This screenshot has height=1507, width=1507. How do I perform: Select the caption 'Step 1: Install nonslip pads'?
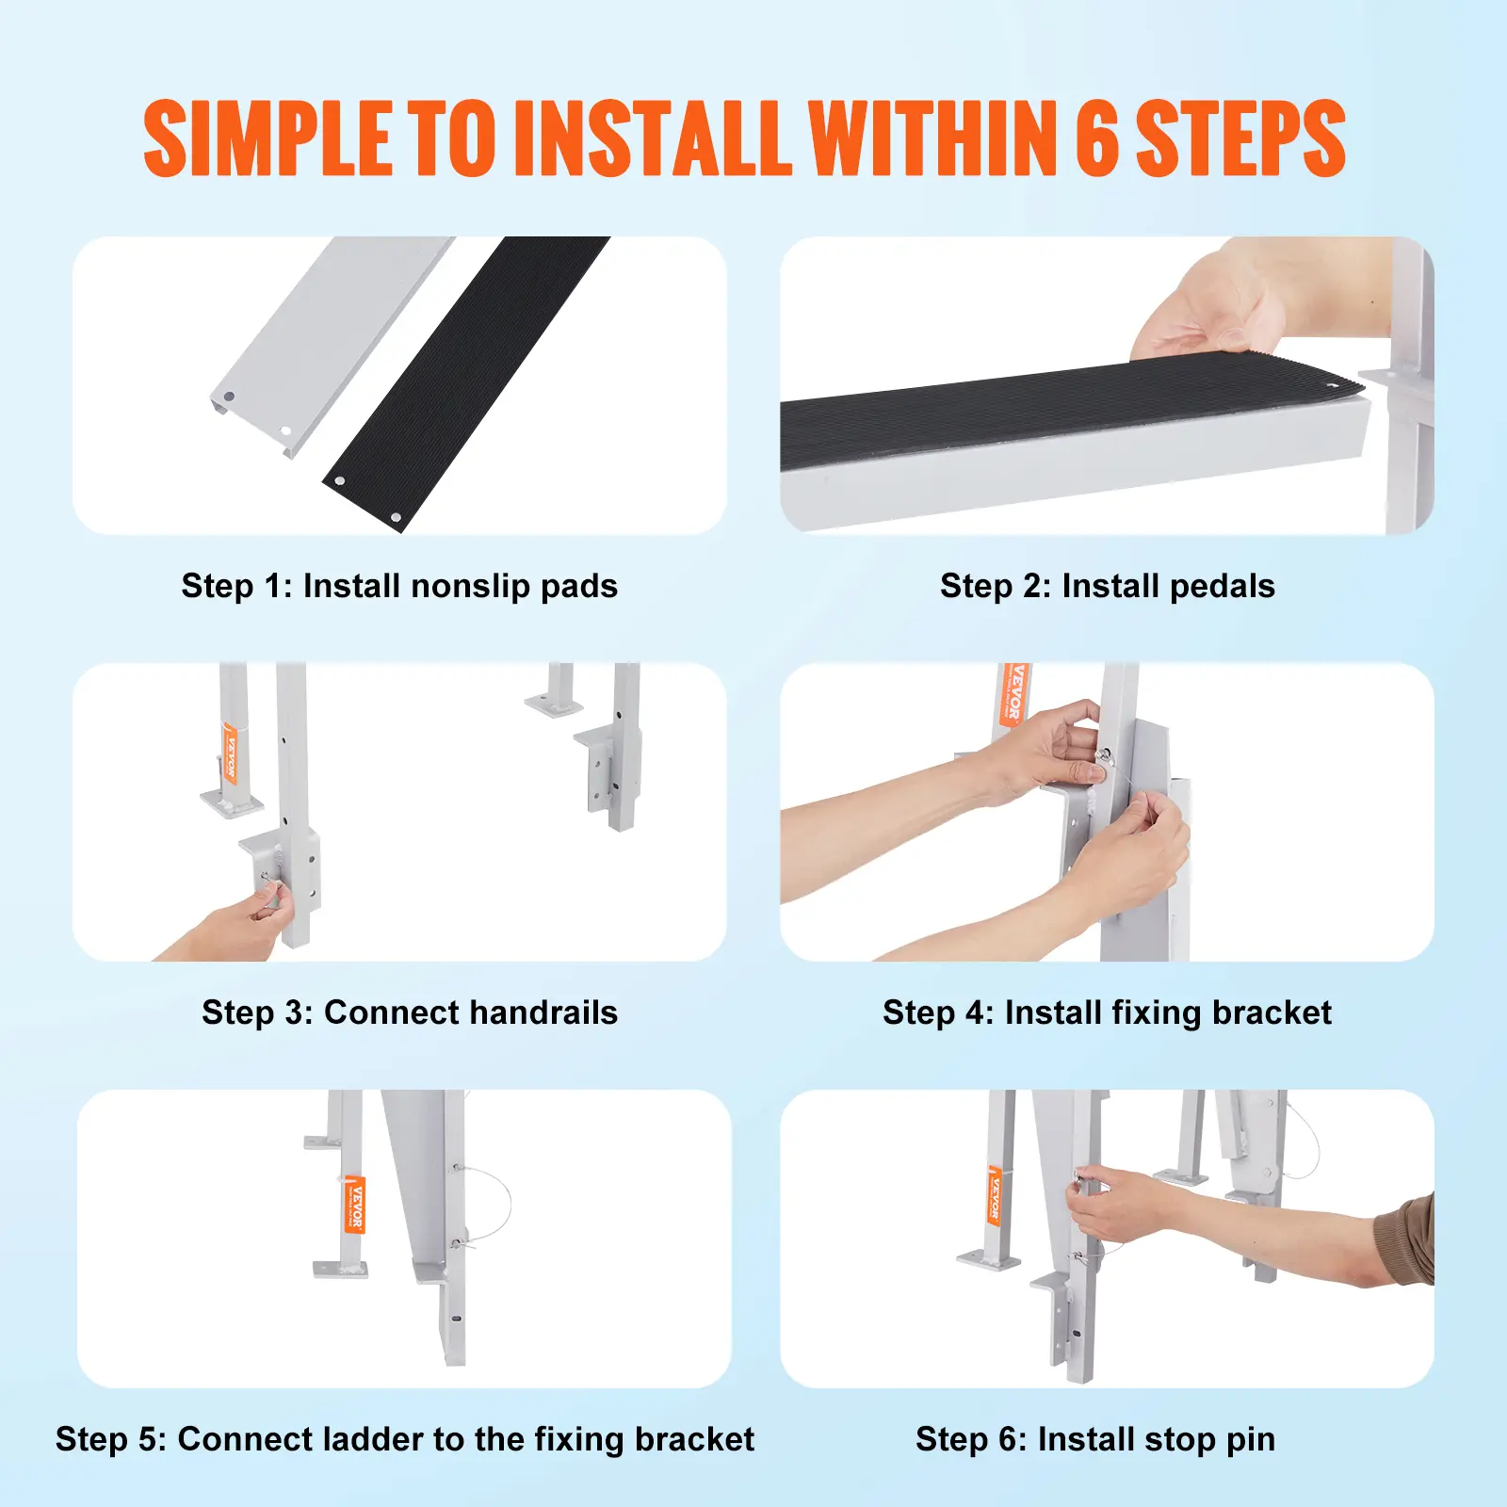point(399,586)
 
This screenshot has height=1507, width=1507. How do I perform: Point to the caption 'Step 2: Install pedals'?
point(1108,586)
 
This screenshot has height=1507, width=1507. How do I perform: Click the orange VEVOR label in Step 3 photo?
point(229,753)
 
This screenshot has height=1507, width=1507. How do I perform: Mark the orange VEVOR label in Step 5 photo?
point(355,1204)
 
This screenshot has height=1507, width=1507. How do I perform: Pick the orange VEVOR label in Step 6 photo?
point(995,1194)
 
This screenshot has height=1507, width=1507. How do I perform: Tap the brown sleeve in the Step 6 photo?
point(1406,1240)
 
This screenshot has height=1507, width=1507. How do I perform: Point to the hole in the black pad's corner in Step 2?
point(1332,384)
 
